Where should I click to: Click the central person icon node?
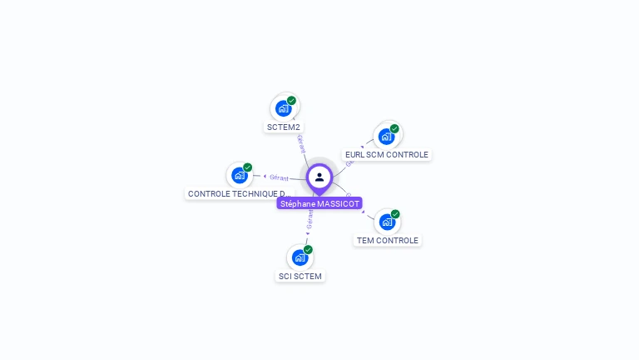[x=319, y=177]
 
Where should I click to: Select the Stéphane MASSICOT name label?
[x=319, y=203]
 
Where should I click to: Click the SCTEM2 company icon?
[x=284, y=108]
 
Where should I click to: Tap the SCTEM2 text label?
[x=283, y=127]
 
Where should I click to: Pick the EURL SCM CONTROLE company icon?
[x=387, y=136]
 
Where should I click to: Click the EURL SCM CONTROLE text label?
[x=387, y=155]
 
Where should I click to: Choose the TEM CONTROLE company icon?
[x=387, y=222]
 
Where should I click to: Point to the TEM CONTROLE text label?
[x=388, y=241]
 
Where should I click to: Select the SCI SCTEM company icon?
[x=300, y=257]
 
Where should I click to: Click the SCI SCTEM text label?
[x=300, y=277]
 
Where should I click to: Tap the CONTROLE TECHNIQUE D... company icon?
[x=240, y=175]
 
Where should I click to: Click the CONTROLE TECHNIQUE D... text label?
[x=238, y=194]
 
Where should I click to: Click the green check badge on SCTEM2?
[x=292, y=100]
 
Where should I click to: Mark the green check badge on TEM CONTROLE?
[x=395, y=214]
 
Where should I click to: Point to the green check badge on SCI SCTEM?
[x=309, y=249]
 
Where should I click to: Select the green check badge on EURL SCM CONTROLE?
[x=394, y=128]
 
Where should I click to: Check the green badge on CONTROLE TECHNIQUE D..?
[x=248, y=167]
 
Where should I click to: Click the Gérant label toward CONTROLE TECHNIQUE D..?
[x=279, y=177]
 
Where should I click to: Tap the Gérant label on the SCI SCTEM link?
[x=310, y=221]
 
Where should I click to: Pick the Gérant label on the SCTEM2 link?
[x=300, y=142]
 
